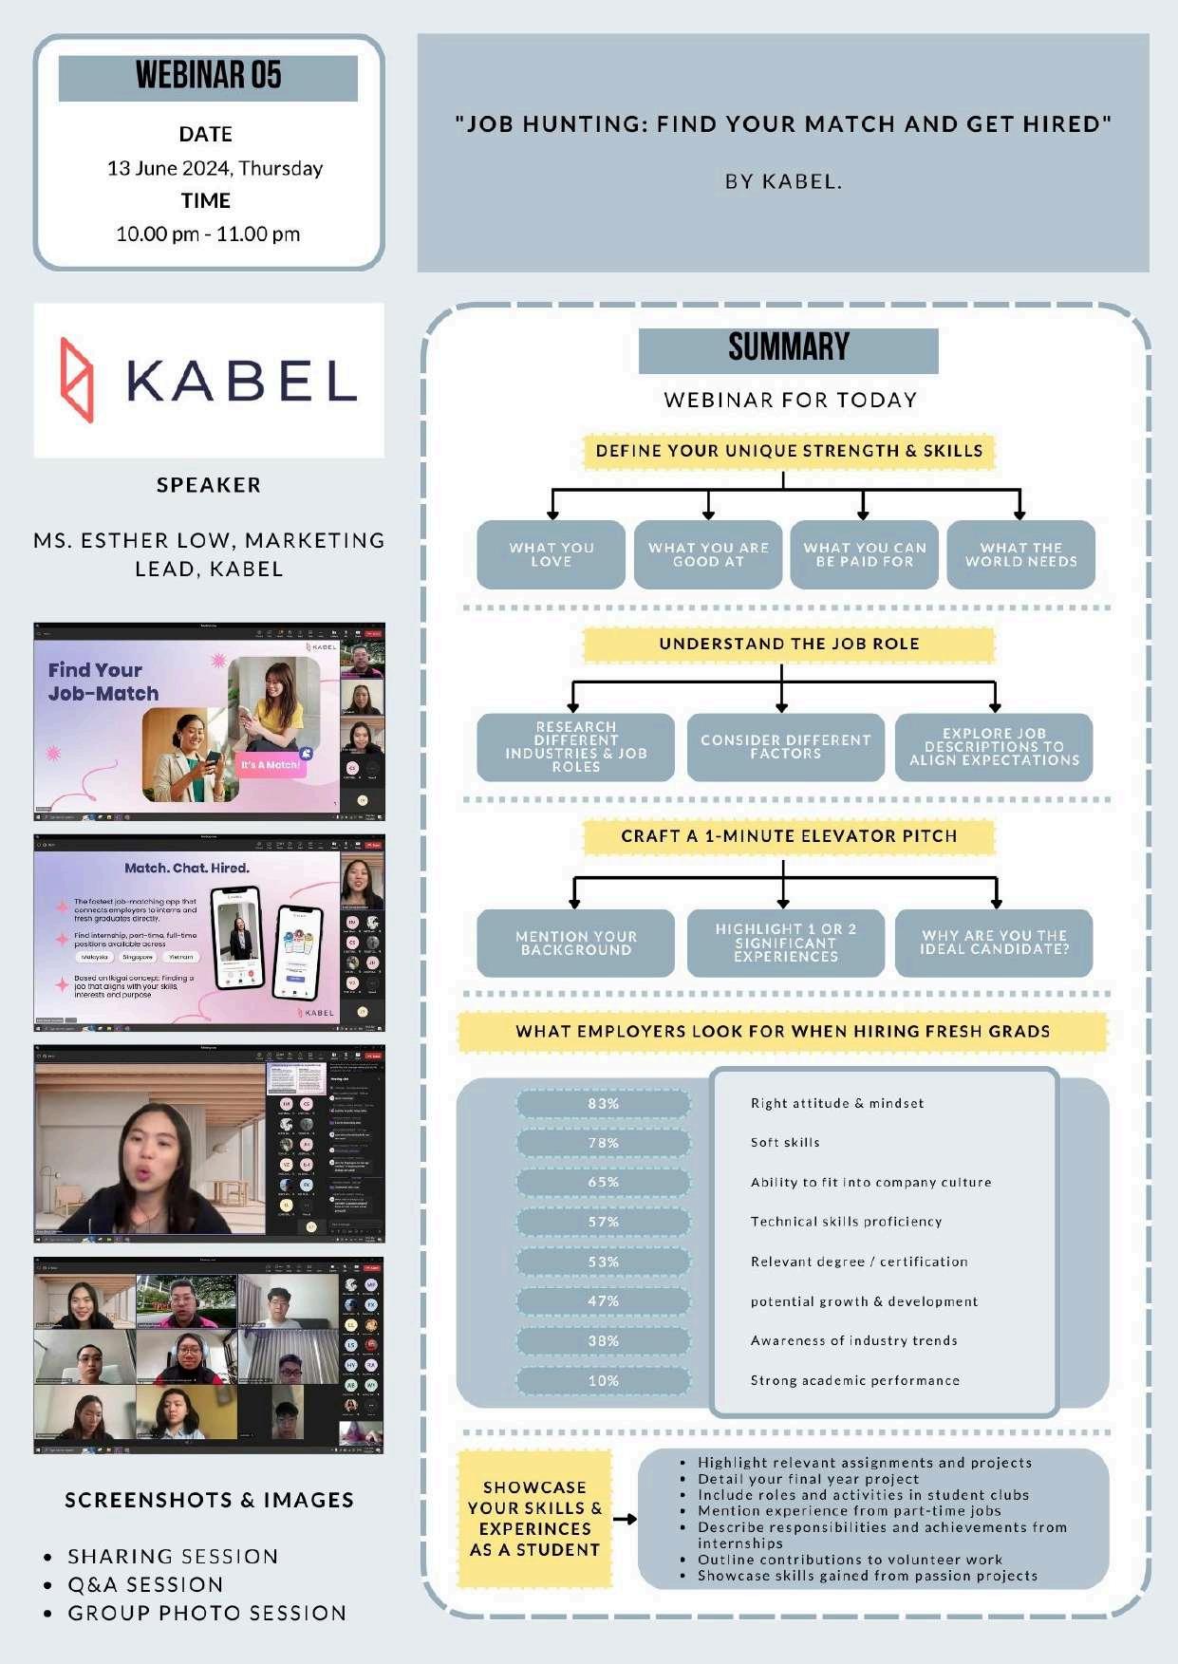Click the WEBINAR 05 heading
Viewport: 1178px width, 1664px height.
(208, 76)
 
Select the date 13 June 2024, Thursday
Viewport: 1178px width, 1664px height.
(215, 169)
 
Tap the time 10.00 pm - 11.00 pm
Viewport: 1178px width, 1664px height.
(208, 234)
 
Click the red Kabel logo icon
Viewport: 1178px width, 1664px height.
(78, 380)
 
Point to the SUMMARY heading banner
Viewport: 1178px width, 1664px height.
(788, 349)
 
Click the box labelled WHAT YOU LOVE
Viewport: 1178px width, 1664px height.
(551, 555)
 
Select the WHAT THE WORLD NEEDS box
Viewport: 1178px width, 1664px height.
(1020, 555)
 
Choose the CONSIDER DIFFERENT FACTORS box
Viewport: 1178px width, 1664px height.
(785, 747)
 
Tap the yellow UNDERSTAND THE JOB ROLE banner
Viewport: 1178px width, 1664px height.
(788, 644)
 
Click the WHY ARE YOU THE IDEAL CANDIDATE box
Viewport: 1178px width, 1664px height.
(994, 943)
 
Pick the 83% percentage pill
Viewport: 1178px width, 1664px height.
(604, 1104)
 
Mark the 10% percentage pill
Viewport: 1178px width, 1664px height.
(604, 1381)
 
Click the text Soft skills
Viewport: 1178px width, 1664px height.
(785, 1143)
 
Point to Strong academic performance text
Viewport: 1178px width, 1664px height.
(854, 1381)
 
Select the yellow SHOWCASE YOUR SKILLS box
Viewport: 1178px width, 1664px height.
(534, 1519)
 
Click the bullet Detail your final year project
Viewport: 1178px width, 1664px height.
(808, 1479)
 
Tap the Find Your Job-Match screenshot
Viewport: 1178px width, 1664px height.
(209, 721)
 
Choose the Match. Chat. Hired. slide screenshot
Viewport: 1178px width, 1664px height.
(209, 933)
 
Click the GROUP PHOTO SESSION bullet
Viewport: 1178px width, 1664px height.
(207, 1614)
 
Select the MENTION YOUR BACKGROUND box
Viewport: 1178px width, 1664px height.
(575, 943)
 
